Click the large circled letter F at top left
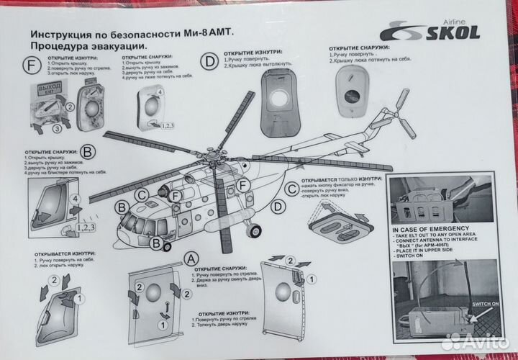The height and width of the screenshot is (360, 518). (32, 66)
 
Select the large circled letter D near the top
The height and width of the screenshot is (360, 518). (209, 62)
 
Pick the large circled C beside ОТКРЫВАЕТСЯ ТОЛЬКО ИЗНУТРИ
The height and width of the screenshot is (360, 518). (292, 189)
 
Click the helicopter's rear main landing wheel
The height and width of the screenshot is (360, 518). (253, 231)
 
